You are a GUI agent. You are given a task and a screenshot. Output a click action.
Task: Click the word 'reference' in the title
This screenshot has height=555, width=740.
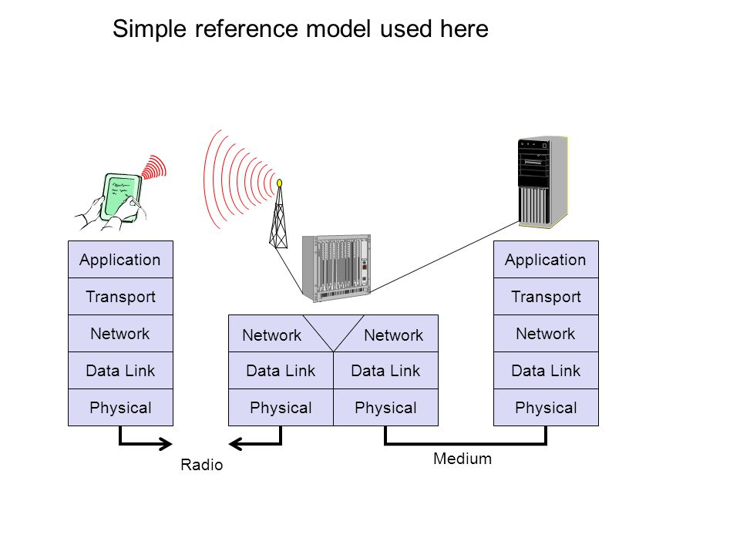click(x=247, y=29)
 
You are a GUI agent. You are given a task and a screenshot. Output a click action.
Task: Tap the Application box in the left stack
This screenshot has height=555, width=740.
click(x=120, y=260)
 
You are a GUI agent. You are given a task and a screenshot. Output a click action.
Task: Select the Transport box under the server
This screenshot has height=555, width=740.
click(x=546, y=296)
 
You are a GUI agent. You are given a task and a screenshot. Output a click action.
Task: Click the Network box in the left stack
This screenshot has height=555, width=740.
click(x=120, y=333)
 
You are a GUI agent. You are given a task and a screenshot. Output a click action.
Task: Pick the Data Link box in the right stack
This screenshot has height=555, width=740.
click(x=546, y=371)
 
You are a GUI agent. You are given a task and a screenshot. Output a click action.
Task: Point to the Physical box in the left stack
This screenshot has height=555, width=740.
click(x=120, y=407)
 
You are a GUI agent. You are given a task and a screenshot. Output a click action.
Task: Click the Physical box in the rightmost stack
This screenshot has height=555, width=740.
click(x=546, y=407)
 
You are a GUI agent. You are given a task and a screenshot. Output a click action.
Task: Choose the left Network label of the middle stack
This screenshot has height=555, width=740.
click(x=272, y=335)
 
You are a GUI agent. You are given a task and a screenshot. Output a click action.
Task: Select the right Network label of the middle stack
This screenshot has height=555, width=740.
click(x=394, y=335)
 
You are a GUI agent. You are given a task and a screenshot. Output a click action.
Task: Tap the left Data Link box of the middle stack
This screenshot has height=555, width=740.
click(x=281, y=371)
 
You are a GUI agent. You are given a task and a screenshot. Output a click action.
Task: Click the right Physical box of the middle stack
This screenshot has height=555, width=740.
click(x=385, y=407)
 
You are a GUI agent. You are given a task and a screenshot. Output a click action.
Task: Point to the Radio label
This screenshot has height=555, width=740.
click(x=201, y=465)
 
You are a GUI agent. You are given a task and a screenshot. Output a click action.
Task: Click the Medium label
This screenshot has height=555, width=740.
click(x=462, y=459)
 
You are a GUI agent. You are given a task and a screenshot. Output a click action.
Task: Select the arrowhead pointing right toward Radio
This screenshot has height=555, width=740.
click(x=166, y=444)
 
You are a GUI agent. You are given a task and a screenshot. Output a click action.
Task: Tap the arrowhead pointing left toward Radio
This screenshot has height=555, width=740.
click(x=236, y=444)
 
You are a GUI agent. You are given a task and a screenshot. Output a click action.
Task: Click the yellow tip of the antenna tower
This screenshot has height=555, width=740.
click(x=279, y=183)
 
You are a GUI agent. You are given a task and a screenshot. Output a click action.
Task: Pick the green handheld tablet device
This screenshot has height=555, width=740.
click(x=122, y=197)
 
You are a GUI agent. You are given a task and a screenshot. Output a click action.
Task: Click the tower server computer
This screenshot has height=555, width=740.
click(x=543, y=183)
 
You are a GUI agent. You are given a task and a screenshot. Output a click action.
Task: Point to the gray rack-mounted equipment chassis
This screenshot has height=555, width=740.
click(x=337, y=268)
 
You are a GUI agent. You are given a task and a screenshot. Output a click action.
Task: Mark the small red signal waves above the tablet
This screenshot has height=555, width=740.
click(x=154, y=167)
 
